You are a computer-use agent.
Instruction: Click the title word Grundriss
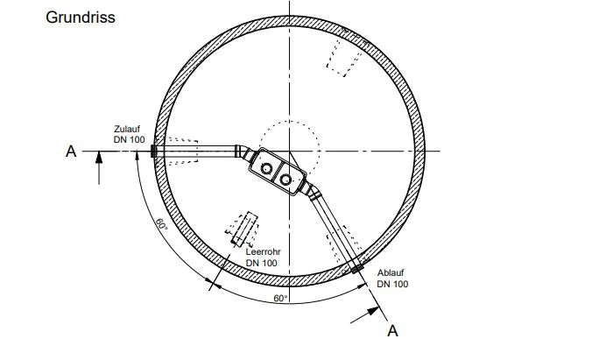tap(81, 18)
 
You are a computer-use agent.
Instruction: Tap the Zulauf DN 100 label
tap(129, 135)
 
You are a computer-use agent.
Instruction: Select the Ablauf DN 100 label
tap(392, 279)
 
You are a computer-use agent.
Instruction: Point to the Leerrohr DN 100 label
tap(263, 258)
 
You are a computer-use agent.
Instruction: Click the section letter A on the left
tap(71, 152)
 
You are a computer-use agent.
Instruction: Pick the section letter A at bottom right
tap(392, 331)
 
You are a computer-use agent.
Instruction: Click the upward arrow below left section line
tap(99, 167)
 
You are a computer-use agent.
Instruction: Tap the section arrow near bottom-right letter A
tap(364, 315)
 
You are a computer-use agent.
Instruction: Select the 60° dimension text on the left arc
tap(162, 224)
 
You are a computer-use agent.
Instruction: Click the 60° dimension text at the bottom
tap(280, 299)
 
